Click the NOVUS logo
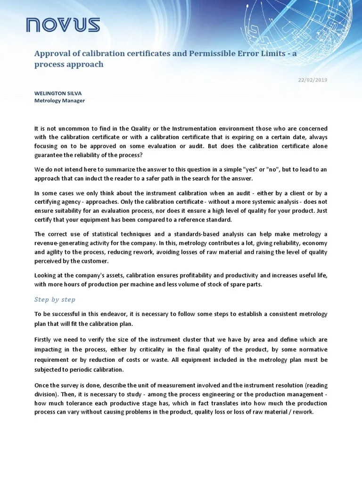(x=63, y=25)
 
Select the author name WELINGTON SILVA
(x=58, y=93)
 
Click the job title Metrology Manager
(x=59, y=100)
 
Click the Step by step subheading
(x=55, y=300)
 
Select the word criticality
(x=155, y=350)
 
